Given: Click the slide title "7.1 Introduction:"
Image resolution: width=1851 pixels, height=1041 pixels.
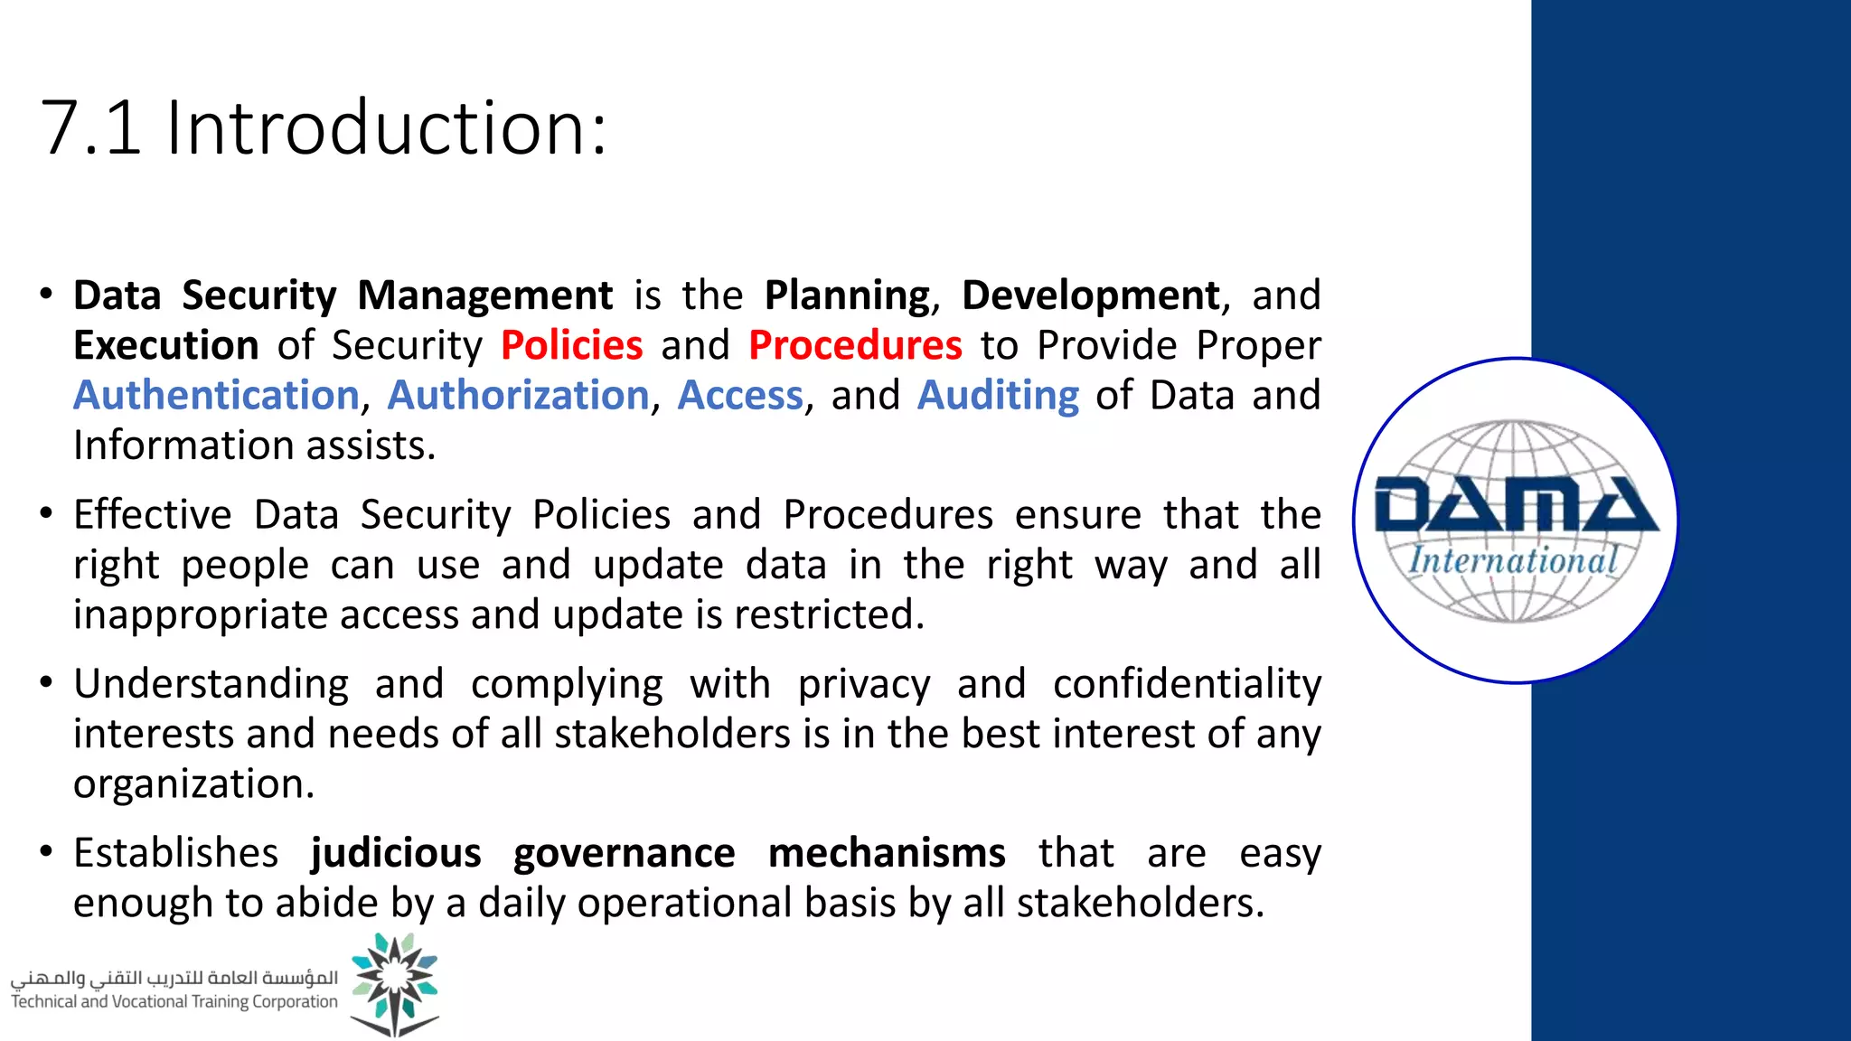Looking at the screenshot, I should (324, 128).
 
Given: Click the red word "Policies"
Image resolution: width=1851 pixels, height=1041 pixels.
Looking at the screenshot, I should (571, 345).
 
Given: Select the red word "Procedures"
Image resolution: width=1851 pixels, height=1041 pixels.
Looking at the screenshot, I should (855, 345).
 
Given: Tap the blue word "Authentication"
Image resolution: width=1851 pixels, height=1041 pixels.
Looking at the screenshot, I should (216, 396).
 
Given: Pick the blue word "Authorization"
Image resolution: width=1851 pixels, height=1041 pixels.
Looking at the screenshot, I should (518, 396).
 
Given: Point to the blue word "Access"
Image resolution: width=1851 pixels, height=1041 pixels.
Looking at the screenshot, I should (740, 396).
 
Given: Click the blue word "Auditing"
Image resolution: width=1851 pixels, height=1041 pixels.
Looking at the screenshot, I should (998, 396).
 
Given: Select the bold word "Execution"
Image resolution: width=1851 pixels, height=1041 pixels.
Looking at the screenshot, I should (166, 345).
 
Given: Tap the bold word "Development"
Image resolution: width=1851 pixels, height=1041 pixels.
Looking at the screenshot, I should (1091, 295).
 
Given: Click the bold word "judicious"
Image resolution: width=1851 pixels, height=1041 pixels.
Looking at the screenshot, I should (396, 853).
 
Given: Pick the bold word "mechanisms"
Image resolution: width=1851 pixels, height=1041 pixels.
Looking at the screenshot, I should (887, 853).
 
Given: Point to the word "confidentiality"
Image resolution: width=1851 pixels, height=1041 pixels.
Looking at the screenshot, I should (1187, 684).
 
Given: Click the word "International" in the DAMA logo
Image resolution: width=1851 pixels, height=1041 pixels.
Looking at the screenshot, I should (1513, 561).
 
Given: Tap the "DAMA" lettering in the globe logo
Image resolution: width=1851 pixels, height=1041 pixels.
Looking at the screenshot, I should (1515, 506).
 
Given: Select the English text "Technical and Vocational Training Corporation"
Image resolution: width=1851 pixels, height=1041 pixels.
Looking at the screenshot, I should (174, 1002).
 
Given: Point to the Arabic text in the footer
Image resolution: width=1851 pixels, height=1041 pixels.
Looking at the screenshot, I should (174, 979).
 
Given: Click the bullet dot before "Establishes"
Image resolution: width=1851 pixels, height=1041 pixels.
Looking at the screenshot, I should (46, 852).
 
